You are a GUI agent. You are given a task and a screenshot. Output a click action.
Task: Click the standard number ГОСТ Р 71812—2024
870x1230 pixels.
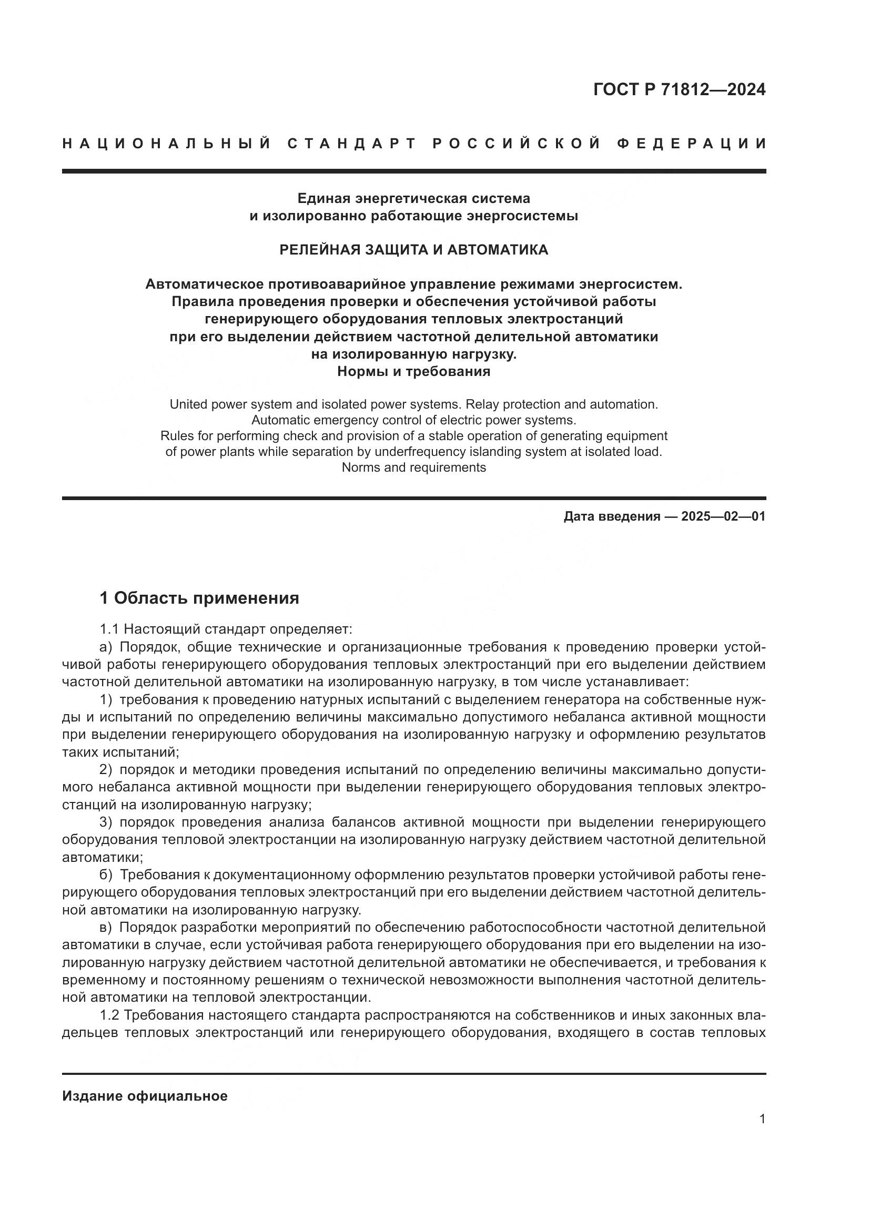[x=679, y=90]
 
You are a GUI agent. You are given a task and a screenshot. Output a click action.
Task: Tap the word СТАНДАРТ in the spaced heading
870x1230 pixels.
[x=352, y=144]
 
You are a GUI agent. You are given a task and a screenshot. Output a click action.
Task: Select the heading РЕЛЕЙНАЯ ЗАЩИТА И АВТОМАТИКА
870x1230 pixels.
[x=413, y=250]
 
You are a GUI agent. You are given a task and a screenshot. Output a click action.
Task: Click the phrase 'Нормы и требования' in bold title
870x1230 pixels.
[x=413, y=371]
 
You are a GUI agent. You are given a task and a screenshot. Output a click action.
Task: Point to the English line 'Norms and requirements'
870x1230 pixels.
[x=413, y=467]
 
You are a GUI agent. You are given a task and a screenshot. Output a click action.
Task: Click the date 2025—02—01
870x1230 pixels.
[x=723, y=516]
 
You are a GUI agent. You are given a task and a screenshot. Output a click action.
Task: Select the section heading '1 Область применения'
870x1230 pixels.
[x=199, y=598]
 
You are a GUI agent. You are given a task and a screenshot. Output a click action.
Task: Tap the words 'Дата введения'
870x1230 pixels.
[x=612, y=516]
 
